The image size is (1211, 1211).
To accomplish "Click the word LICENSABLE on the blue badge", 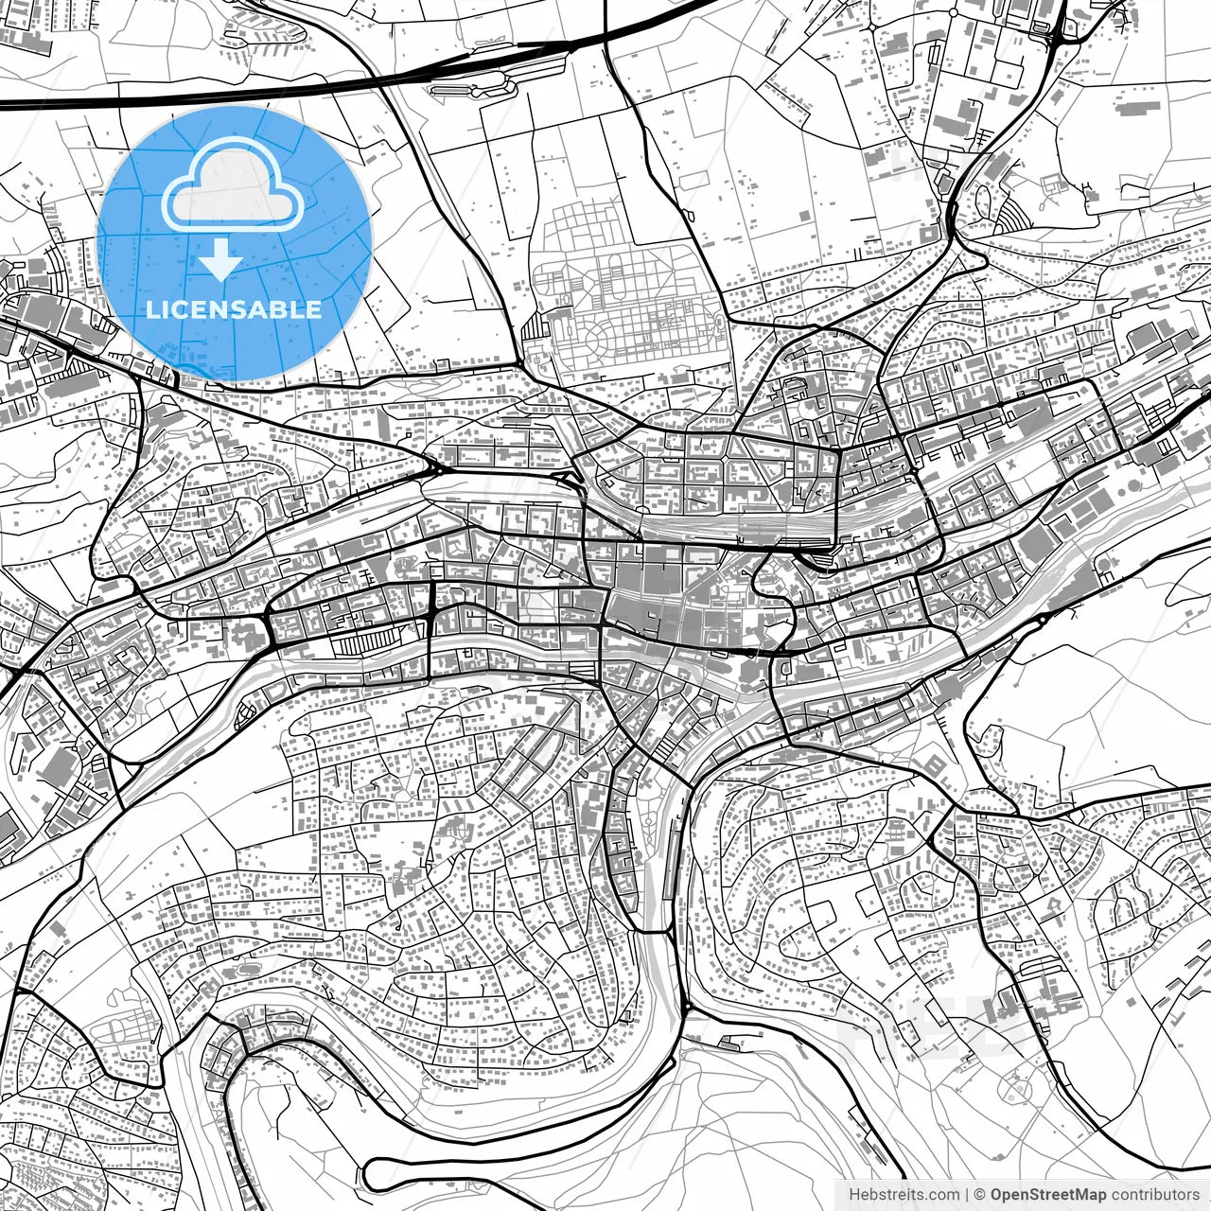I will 234,309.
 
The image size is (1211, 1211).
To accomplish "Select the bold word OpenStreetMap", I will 1048,1195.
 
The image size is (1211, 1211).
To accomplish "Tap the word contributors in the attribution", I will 1154,1195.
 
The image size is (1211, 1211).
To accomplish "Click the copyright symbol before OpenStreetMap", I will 980,1195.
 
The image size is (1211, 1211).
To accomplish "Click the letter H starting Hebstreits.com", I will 854,1195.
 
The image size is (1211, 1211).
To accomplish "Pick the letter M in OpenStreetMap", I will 1092,1195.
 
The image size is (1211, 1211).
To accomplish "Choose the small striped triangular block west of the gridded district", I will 535,326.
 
